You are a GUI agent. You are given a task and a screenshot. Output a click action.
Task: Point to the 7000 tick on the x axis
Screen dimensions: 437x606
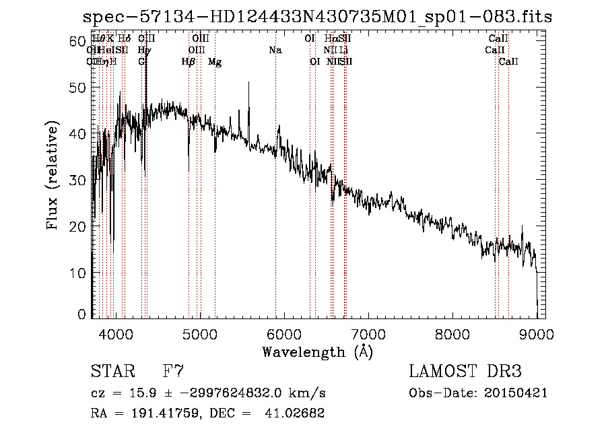(x=368, y=333)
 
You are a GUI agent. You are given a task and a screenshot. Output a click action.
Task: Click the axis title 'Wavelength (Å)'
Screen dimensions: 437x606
(x=317, y=351)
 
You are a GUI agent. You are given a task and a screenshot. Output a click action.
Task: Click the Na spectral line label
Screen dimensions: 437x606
(x=275, y=50)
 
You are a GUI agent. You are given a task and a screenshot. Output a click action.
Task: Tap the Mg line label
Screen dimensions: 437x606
(x=215, y=62)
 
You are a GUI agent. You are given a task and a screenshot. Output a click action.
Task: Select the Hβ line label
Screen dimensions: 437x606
(x=189, y=62)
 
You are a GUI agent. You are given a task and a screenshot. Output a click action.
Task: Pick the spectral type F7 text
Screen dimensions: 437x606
(x=173, y=371)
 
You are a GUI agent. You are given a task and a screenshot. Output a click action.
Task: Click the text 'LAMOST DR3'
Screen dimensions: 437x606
(x=465, y=371)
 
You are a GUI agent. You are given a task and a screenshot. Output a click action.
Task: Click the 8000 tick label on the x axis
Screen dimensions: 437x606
(x=452, y=333)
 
